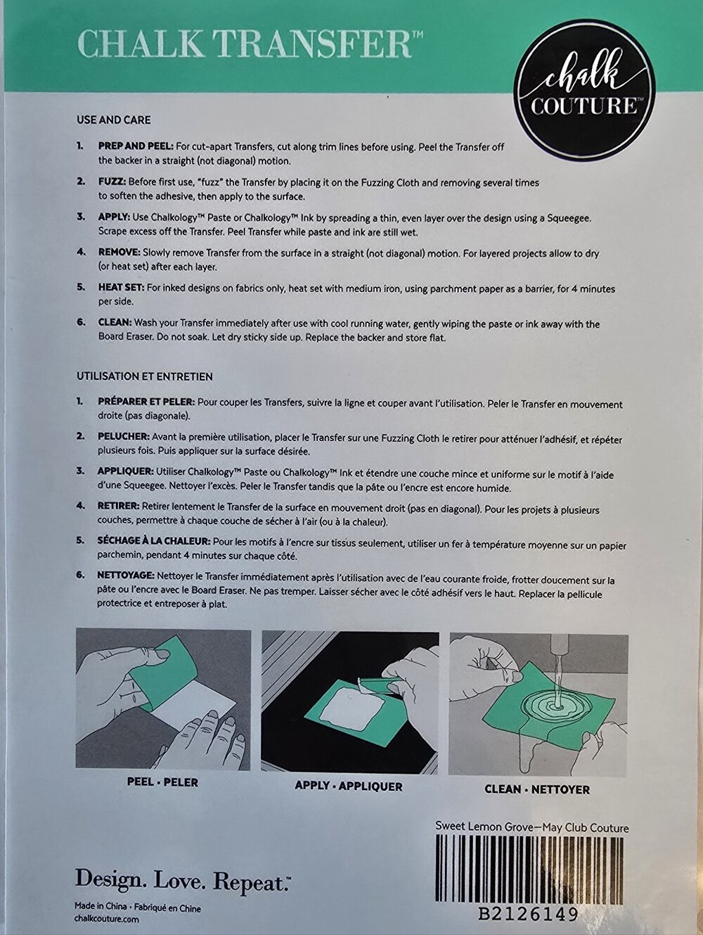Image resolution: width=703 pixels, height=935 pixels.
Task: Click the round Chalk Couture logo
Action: click(x=584, y=89)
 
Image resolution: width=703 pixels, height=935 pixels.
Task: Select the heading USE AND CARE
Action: click(x=114, y=120)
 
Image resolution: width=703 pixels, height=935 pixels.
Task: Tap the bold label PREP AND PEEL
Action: click(x=136, y=146)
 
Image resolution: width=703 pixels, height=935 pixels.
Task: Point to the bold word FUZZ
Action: click(x=112, y=182)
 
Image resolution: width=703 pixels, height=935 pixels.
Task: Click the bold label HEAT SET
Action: click(x=122, y=288)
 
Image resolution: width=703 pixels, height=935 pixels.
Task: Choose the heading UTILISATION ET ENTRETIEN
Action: click(x=145, y=377)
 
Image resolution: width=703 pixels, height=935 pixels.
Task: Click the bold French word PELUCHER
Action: click(x=124, y=437)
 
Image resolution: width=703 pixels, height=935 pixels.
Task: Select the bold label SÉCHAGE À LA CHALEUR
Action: click(x=154, y=540)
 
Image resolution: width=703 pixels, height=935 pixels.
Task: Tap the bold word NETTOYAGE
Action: click(x=126, y=575)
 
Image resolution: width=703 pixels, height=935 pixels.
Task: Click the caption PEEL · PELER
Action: click(x=162, y=782)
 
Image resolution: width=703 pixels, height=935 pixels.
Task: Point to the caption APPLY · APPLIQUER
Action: click(x=349, y=786)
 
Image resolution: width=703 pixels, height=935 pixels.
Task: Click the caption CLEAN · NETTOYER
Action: click(x=537, y=789)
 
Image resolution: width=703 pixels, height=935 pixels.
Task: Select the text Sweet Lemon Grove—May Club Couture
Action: click(x=532, y=827)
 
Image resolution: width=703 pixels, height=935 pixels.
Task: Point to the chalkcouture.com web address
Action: click(x=107, y=918)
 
